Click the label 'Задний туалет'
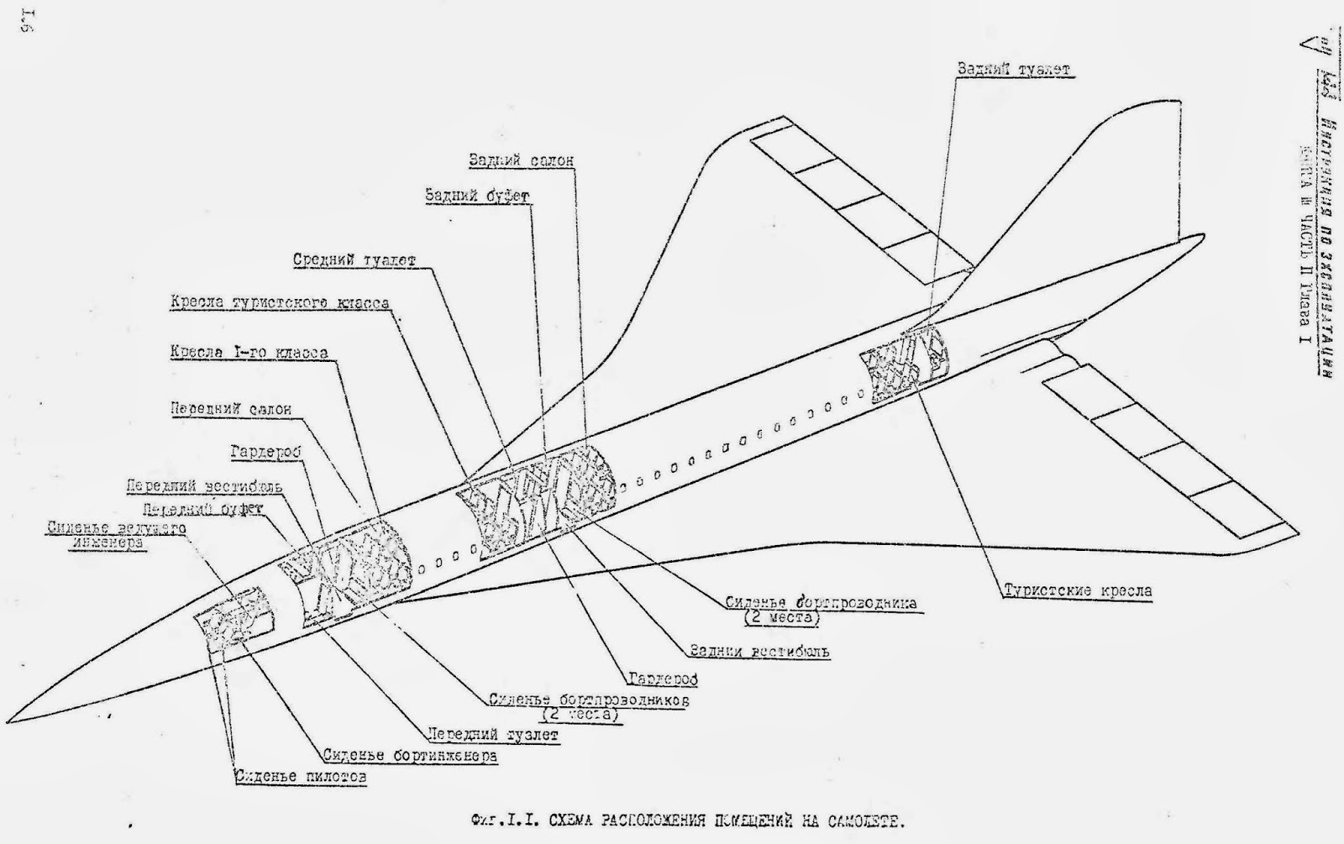(x=1014, y=70)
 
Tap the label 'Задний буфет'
(x=477, y=196)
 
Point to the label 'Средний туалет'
(x=354, y=260)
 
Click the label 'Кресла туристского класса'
(x=280, y=302)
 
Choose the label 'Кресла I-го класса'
(x=249, y=353)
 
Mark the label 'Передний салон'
(x=231, y=409)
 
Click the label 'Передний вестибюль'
(x=204, y=486)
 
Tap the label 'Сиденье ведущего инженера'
(x=115, y=535)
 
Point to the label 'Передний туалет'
(x=492, y=734)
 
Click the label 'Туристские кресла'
(x=1078, y=590)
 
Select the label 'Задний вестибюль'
(x=759, y=651)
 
